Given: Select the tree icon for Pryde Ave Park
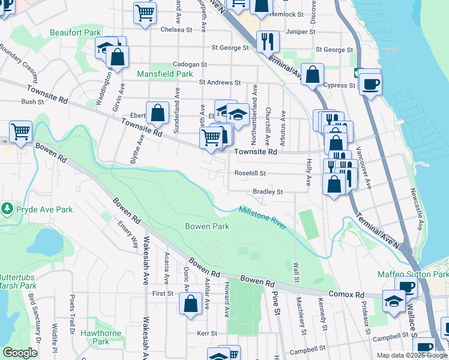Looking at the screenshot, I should coord(7,209).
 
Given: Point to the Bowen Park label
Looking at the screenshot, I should coord(207,227).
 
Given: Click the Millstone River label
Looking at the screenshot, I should coord(263,217).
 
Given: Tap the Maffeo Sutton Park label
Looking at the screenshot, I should coord(413,274).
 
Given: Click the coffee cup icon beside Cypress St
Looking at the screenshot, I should coord(370,83).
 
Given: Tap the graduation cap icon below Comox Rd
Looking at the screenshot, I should coord(393,302).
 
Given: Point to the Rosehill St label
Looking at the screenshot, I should coord(250,173).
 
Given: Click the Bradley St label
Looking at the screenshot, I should coord(268,192).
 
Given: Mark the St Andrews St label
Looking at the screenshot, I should coord(220,83).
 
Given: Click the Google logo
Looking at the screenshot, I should coord(20,353).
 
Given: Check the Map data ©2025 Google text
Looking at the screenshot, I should coord(411,355).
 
